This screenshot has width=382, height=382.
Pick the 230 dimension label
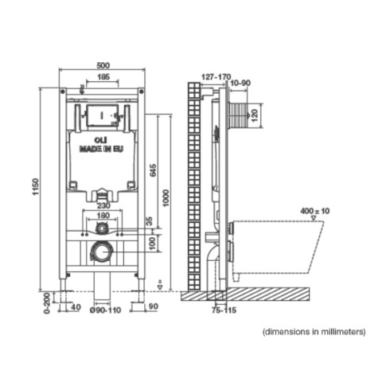point(102,205)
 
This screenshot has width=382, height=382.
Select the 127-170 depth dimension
point(217,76)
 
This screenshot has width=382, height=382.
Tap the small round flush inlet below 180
point(101,229)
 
